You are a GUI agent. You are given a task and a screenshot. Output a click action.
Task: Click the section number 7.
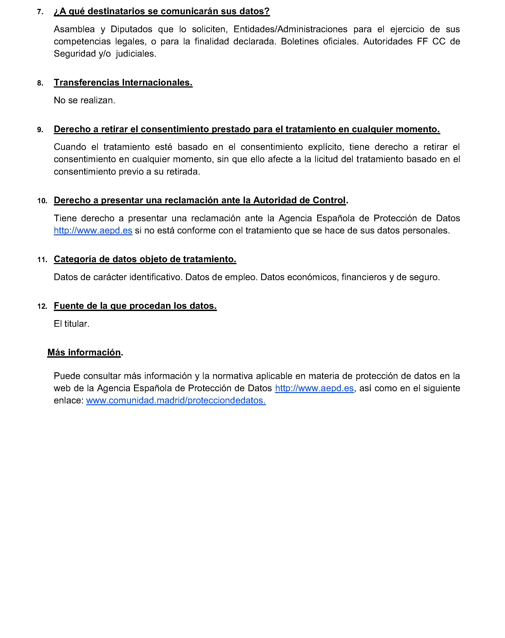tap(40, 12)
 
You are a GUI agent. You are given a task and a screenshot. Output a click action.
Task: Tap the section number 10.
tap(42, 201)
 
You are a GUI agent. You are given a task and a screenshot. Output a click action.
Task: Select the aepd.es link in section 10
tap(93, 231)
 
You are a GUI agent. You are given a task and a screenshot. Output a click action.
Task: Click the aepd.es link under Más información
tap(314, 388)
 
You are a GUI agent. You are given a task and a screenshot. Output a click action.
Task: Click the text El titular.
tap(72, 324)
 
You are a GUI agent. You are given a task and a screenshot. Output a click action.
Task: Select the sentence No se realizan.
tap(84, 100)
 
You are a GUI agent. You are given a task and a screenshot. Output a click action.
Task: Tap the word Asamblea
tap(74, 29)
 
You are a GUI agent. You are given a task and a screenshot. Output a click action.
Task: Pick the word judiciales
tap(136, 54)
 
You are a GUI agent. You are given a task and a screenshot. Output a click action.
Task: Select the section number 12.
tap(42, 306)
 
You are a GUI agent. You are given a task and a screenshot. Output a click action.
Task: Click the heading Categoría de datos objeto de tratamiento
tap(145, 259)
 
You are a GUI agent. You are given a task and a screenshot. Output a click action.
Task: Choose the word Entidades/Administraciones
tap(290, 29)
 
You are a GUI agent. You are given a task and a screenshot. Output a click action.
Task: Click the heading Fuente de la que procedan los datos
tap(135, 306)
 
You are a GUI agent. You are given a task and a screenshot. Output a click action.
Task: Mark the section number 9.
tap(40, 130)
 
